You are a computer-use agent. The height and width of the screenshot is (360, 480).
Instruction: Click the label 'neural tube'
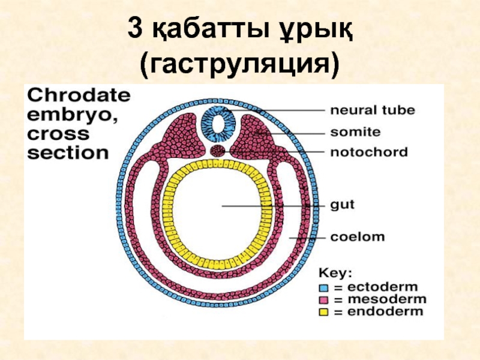[x=372, y=110]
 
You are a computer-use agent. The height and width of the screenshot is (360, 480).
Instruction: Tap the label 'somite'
[x=356, y=131]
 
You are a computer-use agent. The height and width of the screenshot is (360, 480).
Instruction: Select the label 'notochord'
[x=368, y=152]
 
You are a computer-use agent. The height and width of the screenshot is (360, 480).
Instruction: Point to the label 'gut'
[x=343, y=205]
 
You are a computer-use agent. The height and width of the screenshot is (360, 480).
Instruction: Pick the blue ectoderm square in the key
[x=324, y=287]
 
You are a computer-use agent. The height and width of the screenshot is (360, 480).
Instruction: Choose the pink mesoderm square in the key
[x=324, y=299]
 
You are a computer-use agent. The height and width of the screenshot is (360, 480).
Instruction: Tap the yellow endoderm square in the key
[x=324, y=311]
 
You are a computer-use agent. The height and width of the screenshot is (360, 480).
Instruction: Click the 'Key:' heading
[x=335, y=273]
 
